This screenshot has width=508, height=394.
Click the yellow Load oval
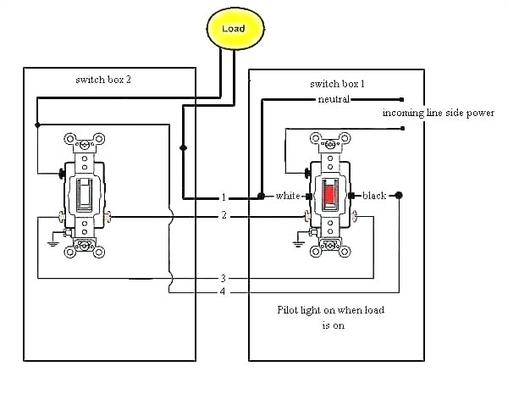click(233, 29)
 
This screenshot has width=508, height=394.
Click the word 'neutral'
click(334, 100)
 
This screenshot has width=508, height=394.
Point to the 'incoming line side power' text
click(439, 113)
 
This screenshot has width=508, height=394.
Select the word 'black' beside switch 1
click(373, 196)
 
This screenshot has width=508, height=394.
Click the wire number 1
click(224, 197)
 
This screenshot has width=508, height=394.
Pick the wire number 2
click(224, 216)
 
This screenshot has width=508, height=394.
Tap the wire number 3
click(224, 278)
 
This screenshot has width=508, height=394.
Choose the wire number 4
click(224, 292)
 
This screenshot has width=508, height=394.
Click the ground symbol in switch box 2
click(52, 244)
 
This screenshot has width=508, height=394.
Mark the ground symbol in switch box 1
click(297, 244)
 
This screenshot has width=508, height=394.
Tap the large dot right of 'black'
click(399, 196)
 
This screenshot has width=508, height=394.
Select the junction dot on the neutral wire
click(262, 196)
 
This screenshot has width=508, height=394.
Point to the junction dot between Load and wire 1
click(181, 147)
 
